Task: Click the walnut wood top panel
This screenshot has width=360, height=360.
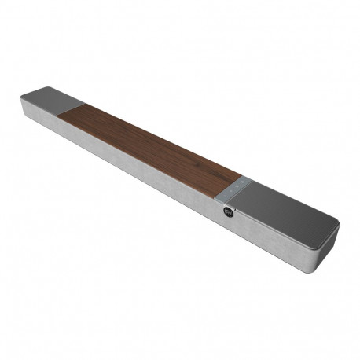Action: pyautogui.click(x=149, y=145)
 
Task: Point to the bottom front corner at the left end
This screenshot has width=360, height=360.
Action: pyautogui.click(x=25, y=116)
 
